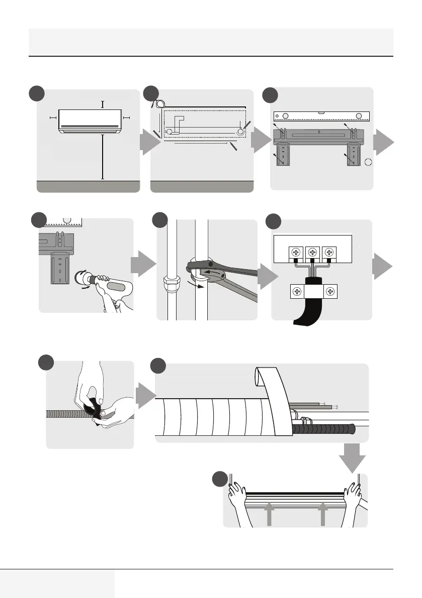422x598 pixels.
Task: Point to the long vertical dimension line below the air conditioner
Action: [103, 156]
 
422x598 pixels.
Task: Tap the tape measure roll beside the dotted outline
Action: [159, 104]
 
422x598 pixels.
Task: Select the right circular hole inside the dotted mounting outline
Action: [240, 131]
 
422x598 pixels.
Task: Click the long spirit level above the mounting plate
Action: [322, 116]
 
